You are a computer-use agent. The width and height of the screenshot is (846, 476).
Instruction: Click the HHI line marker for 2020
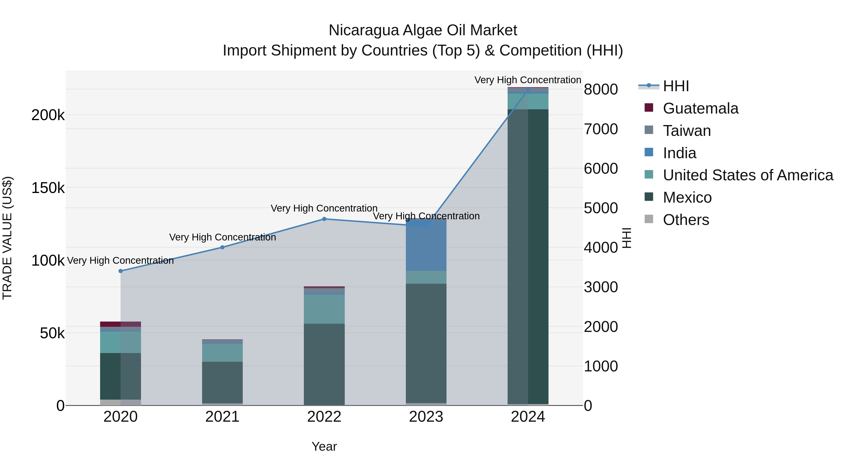(121, 271)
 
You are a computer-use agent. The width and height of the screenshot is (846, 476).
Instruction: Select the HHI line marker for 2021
(222, 247)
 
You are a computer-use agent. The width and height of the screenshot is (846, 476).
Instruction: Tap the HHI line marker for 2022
(324, 219)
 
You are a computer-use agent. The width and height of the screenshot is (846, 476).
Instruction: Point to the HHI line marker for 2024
(528, 90)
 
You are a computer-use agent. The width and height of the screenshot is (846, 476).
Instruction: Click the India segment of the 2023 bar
(426, 246)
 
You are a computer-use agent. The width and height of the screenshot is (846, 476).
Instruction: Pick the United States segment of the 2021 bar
(222, 353)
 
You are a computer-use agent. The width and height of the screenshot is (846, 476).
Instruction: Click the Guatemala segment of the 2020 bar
(121, 324)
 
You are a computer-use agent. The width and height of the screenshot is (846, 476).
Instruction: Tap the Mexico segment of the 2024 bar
(528, 256)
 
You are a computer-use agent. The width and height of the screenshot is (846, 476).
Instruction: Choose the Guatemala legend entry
(700, 108)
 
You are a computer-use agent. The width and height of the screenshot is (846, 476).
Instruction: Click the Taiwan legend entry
(686, 131)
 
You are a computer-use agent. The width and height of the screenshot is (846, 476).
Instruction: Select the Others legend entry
(686, 220)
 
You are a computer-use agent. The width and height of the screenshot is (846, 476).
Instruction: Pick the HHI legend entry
(676, 86)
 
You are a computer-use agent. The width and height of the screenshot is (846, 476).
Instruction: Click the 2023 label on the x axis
(426, 417)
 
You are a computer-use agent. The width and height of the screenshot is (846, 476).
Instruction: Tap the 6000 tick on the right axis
(601, 169)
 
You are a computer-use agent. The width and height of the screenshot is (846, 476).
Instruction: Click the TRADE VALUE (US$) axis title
(7, 238)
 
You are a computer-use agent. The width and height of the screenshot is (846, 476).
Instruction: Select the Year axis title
(324, 446)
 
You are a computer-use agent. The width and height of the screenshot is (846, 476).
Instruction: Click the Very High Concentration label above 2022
(324, 208)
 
